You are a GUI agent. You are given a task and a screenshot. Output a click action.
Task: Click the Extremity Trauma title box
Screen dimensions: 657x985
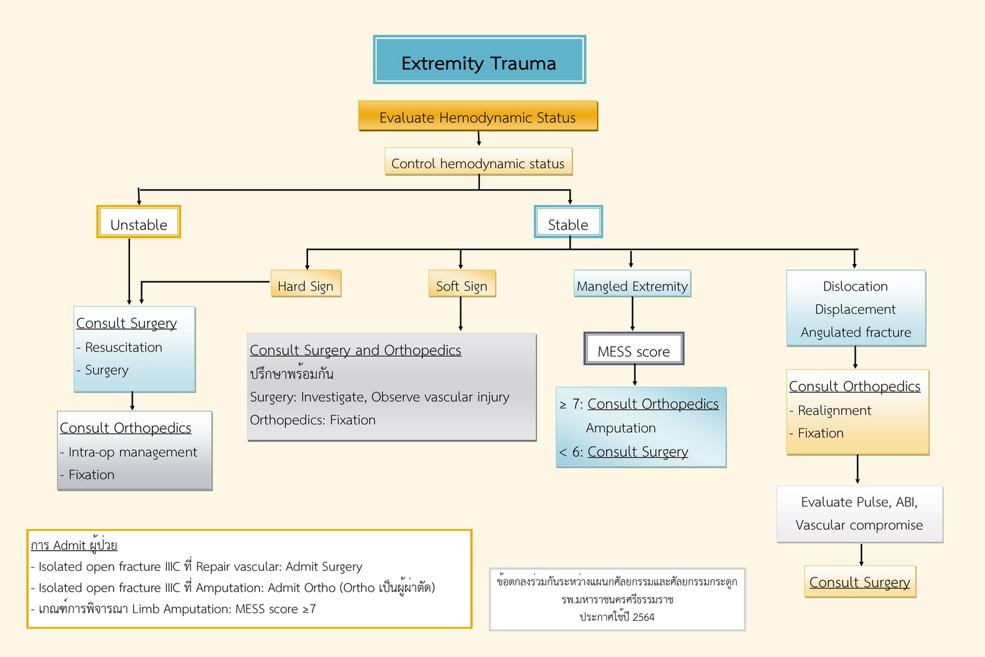(x=479, y=60)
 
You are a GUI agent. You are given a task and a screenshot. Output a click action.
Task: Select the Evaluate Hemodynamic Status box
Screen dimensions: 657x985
(x=477, y=116)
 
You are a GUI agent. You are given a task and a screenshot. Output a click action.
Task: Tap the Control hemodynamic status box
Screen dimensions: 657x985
(x=478, y=162)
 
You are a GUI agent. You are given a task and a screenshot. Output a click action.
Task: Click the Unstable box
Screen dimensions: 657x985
(x=139, y=222)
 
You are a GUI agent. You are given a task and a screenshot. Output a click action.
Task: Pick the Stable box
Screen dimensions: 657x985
(x=568, y=222)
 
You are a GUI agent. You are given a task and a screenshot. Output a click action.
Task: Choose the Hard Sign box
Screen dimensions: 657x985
(x=305, y=284)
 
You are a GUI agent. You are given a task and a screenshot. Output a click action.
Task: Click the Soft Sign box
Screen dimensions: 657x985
(x=462, y=284)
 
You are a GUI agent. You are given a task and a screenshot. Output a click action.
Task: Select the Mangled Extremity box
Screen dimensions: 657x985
(x=632, y=284)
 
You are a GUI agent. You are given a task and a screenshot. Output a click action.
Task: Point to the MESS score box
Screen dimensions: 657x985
(x=634, y=350)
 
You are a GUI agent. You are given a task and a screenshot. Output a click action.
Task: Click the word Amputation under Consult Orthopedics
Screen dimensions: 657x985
(x=621, y=428)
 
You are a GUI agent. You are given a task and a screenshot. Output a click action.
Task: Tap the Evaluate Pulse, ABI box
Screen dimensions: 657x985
(x=859, y=514)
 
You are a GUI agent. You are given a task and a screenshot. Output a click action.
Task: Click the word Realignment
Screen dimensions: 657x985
(x=834, y=411)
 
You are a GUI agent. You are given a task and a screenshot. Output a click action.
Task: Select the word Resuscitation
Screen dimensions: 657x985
(x=123, y=348)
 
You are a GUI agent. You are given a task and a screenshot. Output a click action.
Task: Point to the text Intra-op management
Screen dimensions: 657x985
(x=133, y=452)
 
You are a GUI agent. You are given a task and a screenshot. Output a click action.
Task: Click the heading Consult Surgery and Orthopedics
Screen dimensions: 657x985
(x=355, y=350)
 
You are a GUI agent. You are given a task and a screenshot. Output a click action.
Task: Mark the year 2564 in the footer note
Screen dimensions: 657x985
(x=644, y=618)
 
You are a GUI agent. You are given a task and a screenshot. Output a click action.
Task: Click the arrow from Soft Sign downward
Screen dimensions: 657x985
(x=461, y=315)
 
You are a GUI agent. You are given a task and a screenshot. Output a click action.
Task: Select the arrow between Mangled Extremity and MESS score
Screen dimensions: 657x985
(x=632, y=314)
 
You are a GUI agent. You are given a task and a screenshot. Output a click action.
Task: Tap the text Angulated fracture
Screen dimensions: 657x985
(x=856, y=332)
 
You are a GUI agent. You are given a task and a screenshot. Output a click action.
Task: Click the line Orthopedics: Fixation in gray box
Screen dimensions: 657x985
(x=313, y=420)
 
